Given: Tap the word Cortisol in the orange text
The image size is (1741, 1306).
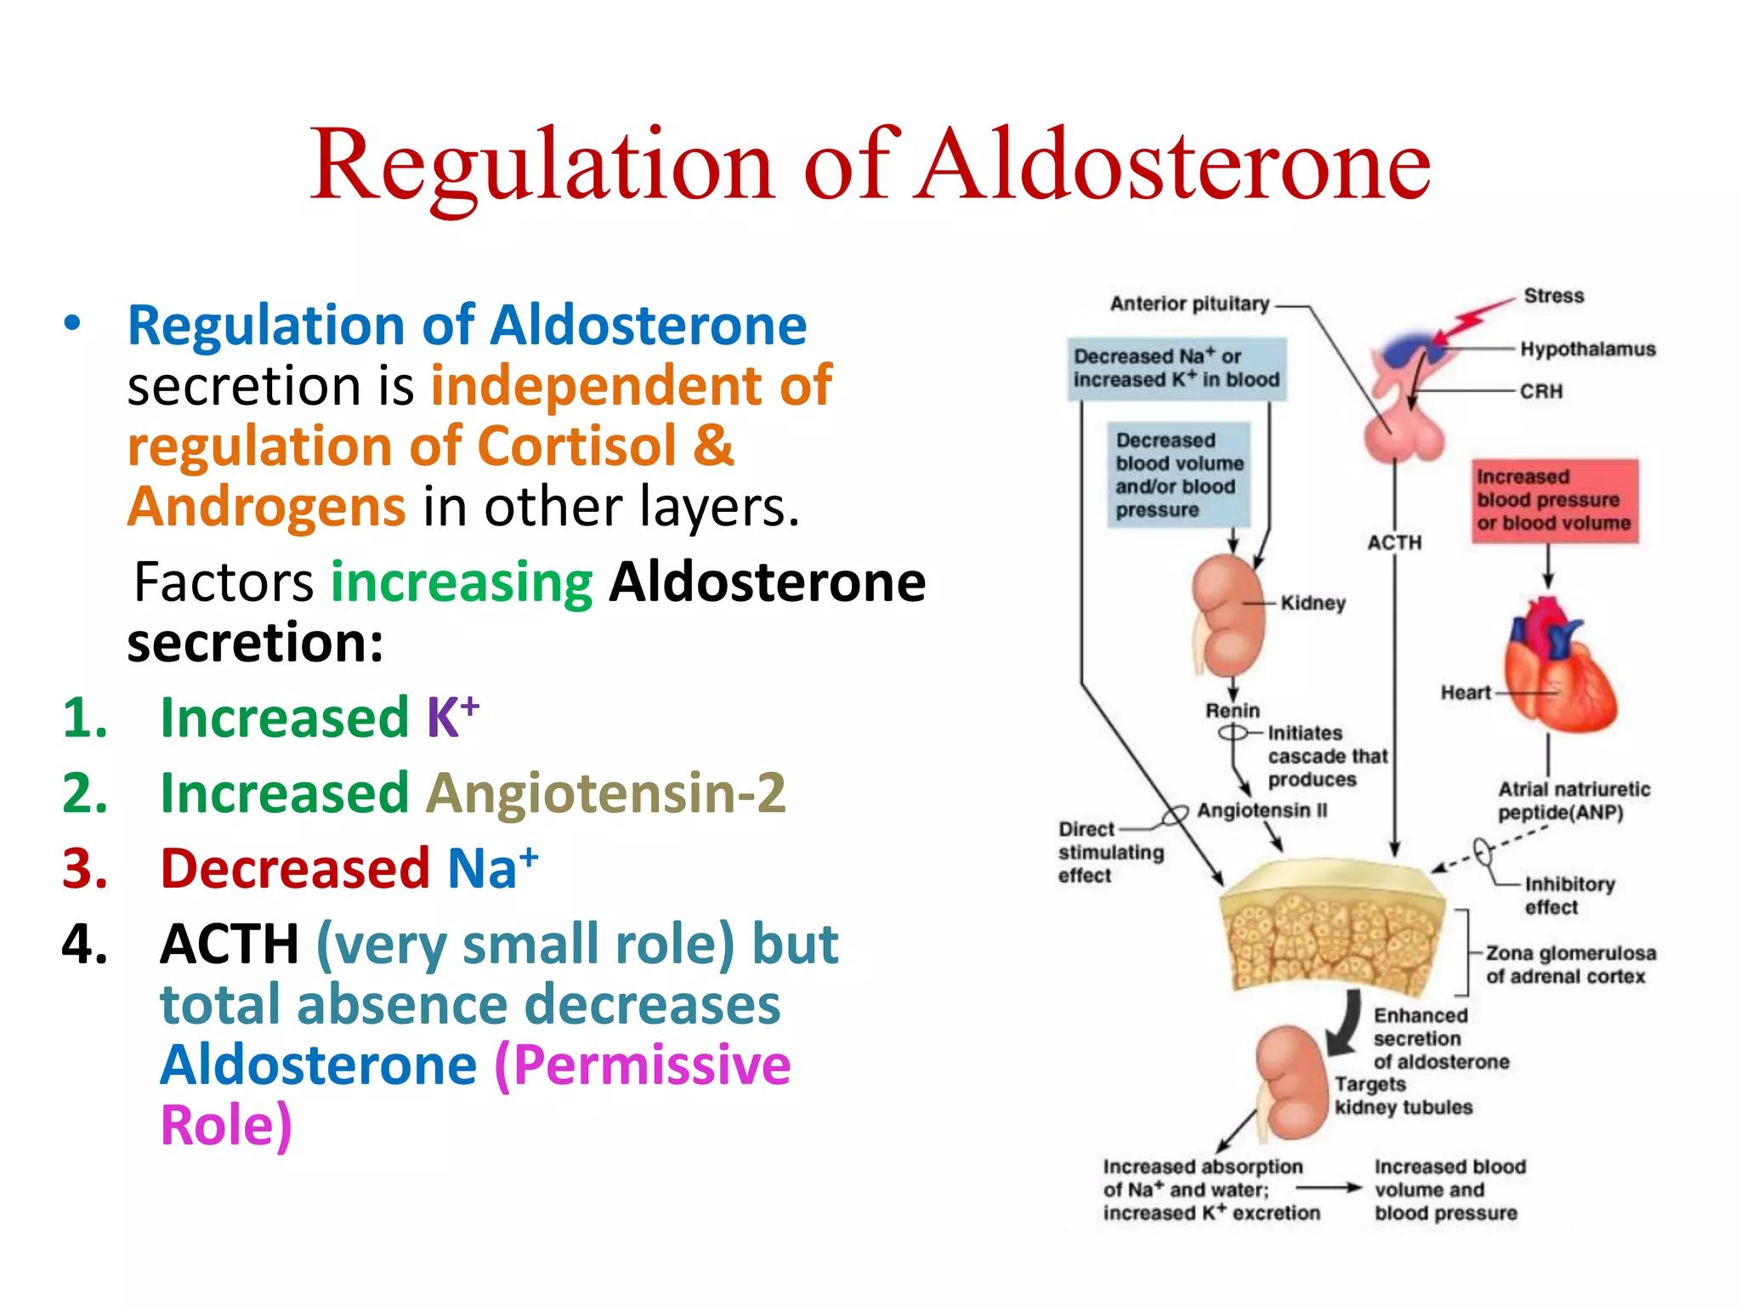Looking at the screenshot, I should [577, 446].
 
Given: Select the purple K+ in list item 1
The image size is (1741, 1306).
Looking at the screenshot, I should [451, 716].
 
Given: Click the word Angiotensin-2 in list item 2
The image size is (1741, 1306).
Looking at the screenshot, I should [605, 792].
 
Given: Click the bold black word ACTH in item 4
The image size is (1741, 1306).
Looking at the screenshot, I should [230, 944].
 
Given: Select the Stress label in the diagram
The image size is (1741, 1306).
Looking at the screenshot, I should [1553, 296].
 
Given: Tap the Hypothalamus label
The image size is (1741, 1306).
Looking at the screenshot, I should [1587, 349].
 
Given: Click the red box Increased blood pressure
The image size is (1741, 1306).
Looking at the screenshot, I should [1554, 501].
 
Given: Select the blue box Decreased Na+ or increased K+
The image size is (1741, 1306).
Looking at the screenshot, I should [1177, 368].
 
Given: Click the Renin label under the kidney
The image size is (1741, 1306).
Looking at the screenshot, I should [1232, 710].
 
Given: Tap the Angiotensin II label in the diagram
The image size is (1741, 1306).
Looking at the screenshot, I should [1262, 810].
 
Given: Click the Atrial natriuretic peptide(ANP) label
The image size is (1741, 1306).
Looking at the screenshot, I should [1573, 801].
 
